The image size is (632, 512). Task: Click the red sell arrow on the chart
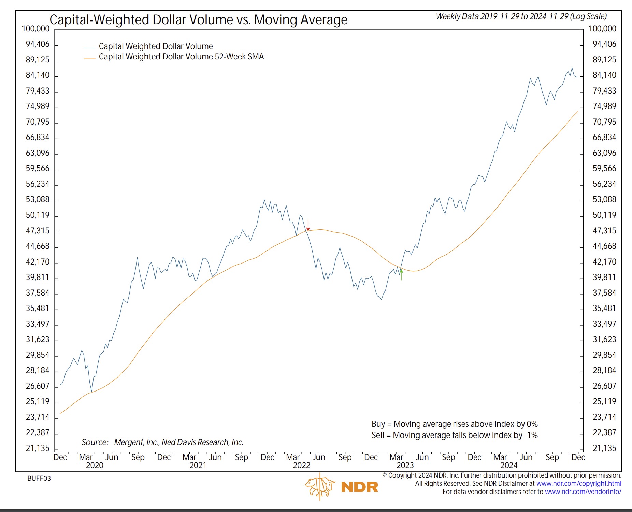(x=308, y=226)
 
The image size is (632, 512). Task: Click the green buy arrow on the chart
(x=401, y=274)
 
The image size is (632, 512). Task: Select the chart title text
(x=198, y=20)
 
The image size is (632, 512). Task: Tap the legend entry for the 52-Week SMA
(x=181, y=57)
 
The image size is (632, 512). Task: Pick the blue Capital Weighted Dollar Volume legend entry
(x=156, y=46)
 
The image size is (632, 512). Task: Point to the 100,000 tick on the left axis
(x=35, y=29)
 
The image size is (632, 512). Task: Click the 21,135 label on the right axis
(x=604, y=448)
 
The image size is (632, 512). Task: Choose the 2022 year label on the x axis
(x=302, y=465)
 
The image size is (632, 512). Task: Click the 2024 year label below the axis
(x=509, y=465)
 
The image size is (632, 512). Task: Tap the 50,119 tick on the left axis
(x=38, y=215)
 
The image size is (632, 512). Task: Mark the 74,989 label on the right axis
(x=604, y=106)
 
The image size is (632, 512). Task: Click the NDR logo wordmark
(x=360, y=487)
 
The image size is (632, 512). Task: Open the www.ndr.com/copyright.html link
(x=579, y=483)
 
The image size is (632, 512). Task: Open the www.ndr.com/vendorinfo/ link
(x=583, y=492)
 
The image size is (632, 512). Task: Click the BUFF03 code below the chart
(x=39, y=478)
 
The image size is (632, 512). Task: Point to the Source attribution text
(x=162, y=442)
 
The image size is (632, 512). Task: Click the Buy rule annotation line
(x=455, y=424)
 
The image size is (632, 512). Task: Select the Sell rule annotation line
(x=455, y=435)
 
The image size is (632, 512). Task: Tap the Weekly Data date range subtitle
(x=521, y=16)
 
